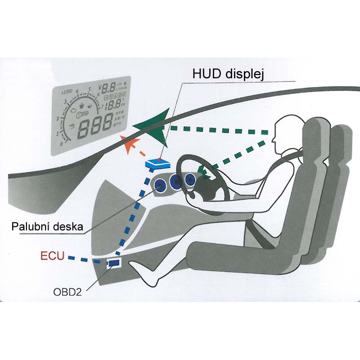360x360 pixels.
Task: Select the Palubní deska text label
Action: [x=47, y=226]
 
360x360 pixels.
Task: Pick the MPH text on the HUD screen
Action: [x=119, y=124]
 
